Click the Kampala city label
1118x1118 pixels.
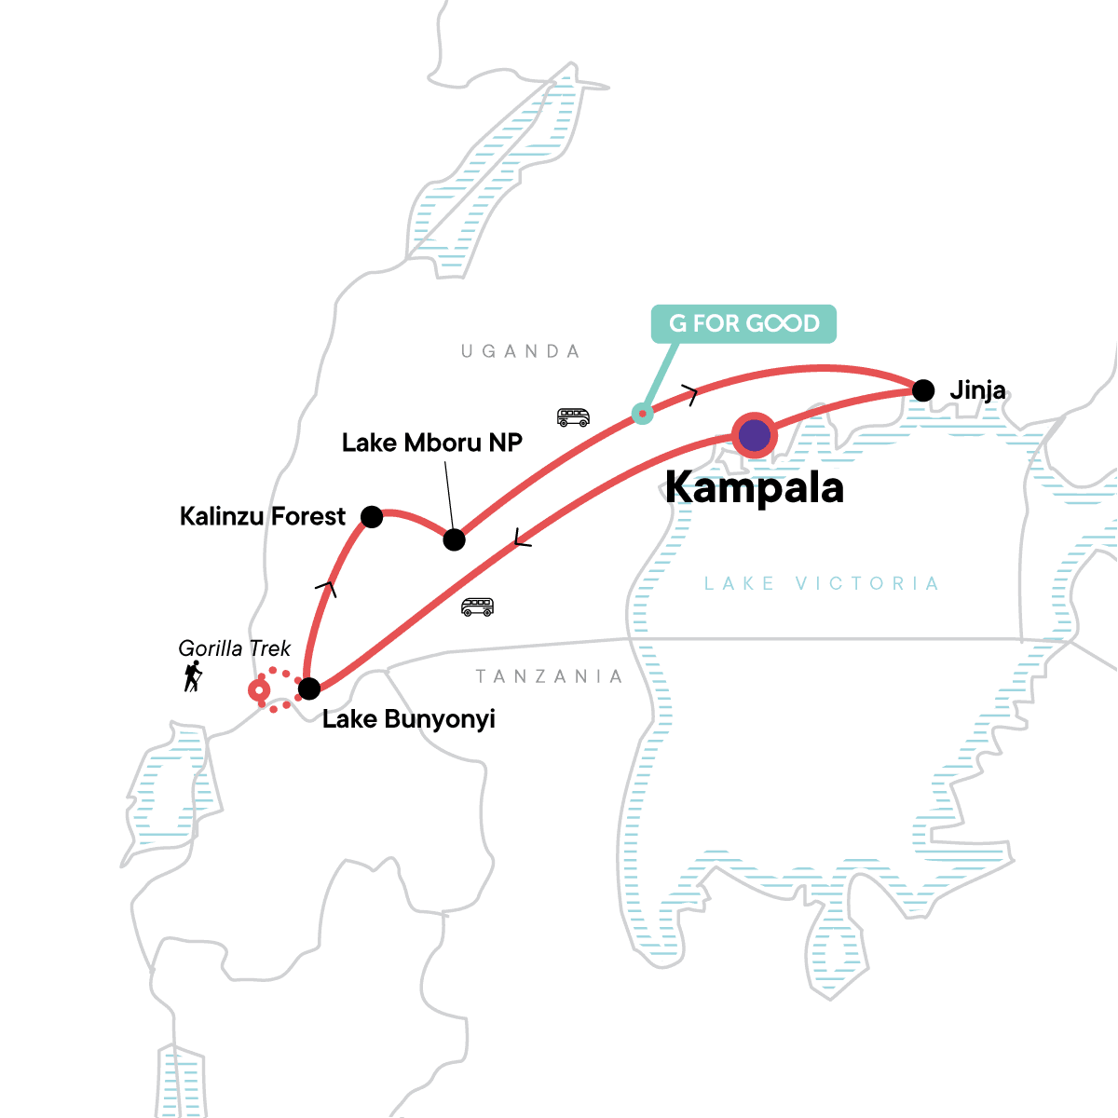coord(755,488)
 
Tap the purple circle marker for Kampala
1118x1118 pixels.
coord(755,435)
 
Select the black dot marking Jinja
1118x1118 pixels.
coord(922,390)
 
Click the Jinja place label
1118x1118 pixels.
coord(977,390)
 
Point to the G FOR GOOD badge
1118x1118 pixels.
coord(743,323)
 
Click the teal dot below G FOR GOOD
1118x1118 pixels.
coord(642,413)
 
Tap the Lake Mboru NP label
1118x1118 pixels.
coord(431,443)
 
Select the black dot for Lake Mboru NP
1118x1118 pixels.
coord(454,539)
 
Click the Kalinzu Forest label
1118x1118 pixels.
coord(262,516)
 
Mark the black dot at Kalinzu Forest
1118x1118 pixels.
coord(371,516)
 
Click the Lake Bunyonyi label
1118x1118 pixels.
coord(408,719)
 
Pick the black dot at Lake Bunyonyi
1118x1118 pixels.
coord(308,689)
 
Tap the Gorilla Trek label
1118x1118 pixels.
coord(235,648)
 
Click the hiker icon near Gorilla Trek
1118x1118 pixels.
coord(193,676)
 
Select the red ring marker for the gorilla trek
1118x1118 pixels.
coord(259,690)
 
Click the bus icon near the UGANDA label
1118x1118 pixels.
coord(573,416)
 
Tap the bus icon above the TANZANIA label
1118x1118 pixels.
coord(477,607)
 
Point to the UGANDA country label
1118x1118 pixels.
coord(521,351)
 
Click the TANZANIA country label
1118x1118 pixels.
coord(549,676)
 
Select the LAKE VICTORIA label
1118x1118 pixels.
coord(821,584)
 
